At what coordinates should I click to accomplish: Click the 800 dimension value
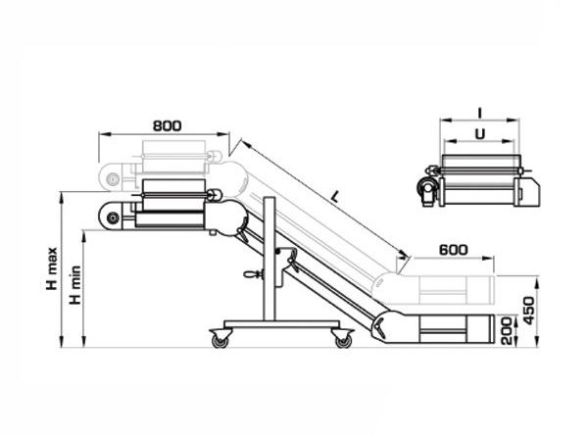tap(167, 125)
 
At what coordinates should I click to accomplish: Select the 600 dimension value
tap(454, 250)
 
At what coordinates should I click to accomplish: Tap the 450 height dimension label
tap(529, 311)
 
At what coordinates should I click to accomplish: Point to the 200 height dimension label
tap(507, 330)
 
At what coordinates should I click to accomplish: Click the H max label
tap(52, 268)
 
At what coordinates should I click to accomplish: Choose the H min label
tap(75, 285)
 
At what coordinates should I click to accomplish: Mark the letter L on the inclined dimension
tap(335, 196)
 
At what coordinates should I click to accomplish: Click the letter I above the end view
tap(480, 112)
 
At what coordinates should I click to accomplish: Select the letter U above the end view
tap(480, 134)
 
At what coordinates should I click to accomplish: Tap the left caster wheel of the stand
tap(220, 340)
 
